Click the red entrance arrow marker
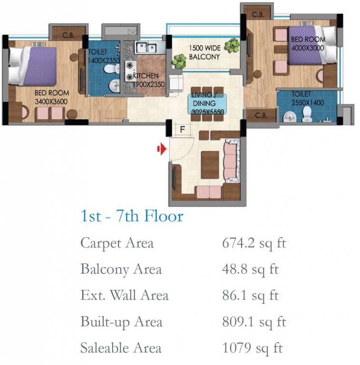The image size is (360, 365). click(162, 149)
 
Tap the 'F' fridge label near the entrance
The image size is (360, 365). click(183, 129)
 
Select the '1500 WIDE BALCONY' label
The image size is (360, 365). click(204, 52)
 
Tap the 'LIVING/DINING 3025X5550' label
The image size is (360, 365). click(207, 103)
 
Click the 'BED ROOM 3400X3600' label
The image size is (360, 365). click(52, 97)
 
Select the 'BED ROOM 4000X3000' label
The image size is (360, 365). click(308, 44)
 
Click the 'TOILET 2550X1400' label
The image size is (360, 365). click(308, 98)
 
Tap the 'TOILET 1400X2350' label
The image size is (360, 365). click(104, 56)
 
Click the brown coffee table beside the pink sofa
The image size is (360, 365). click(210, 165)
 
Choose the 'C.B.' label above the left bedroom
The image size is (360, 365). click(68, 36)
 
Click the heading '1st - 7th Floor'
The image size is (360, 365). click(132, 216)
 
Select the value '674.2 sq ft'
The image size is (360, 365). click(254, 243)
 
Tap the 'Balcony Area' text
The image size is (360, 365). click(121, 269)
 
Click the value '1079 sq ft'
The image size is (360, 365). click(253, 348)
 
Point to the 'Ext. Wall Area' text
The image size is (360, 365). click(124, 296)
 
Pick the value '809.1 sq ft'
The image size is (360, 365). click(254, 322)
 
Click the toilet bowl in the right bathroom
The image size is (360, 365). click(307, 114)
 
